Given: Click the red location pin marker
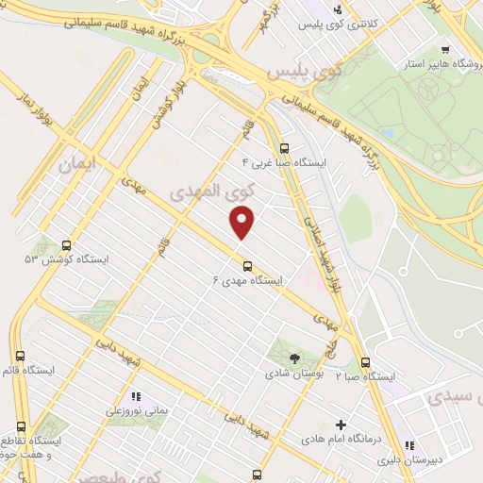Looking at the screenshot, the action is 243,223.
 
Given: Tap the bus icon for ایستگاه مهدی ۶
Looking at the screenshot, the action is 247,264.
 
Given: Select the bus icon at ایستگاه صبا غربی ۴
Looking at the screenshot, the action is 285,147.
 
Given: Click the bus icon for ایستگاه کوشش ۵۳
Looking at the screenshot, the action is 65,243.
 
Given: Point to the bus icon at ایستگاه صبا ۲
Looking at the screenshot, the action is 365,362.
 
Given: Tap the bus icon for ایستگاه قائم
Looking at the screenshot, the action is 22,369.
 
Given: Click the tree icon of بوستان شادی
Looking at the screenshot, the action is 294,358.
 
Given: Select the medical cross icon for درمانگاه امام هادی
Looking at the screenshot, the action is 341,425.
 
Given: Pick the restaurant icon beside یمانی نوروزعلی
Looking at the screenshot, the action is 136,397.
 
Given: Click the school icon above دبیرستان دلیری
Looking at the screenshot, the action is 408,446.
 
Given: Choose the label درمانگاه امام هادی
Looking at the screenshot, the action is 341,440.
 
